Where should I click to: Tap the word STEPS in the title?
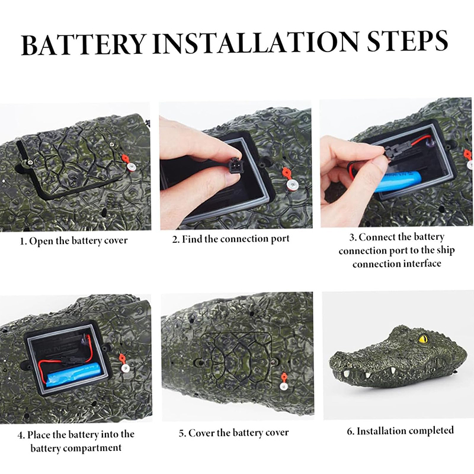coord(407,41)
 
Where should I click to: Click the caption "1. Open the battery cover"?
coord(73,241)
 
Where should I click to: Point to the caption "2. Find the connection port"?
coord(231,239)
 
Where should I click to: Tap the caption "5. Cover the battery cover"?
coord(233,433)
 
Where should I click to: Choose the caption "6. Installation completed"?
coord(401,431)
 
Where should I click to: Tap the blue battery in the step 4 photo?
coord(73,375)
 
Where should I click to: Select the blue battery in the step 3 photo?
coord(398,182)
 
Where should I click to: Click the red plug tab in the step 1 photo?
coord(125,159)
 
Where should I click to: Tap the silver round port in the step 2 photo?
coord(292,184)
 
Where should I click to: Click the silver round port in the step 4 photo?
coord(125,368)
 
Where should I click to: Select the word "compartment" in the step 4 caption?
coord(92,448)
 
